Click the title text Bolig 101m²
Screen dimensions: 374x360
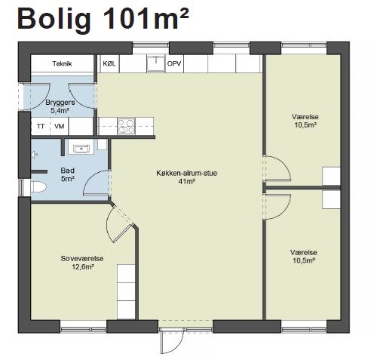point(103,20)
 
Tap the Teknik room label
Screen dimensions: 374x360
point(62,63)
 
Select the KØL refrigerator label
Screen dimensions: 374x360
point(109,63)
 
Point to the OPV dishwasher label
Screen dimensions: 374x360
point(174,63)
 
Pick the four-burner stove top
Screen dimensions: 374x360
point(126,126)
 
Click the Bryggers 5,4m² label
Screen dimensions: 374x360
point(60,106)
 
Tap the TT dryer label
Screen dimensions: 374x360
point(41,126)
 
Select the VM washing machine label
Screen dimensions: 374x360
point(60,126)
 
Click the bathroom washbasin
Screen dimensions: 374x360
point(81,149)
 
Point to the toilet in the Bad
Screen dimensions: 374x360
point(38,187)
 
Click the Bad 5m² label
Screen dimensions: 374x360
point(68,174)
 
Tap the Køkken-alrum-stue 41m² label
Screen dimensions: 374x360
point(187,177)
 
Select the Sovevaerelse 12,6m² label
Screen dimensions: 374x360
point(82,263)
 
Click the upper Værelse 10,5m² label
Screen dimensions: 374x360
point(305,121)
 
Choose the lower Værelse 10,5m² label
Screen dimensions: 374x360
point(304,257)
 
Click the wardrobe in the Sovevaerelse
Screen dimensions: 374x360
point(126,292)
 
